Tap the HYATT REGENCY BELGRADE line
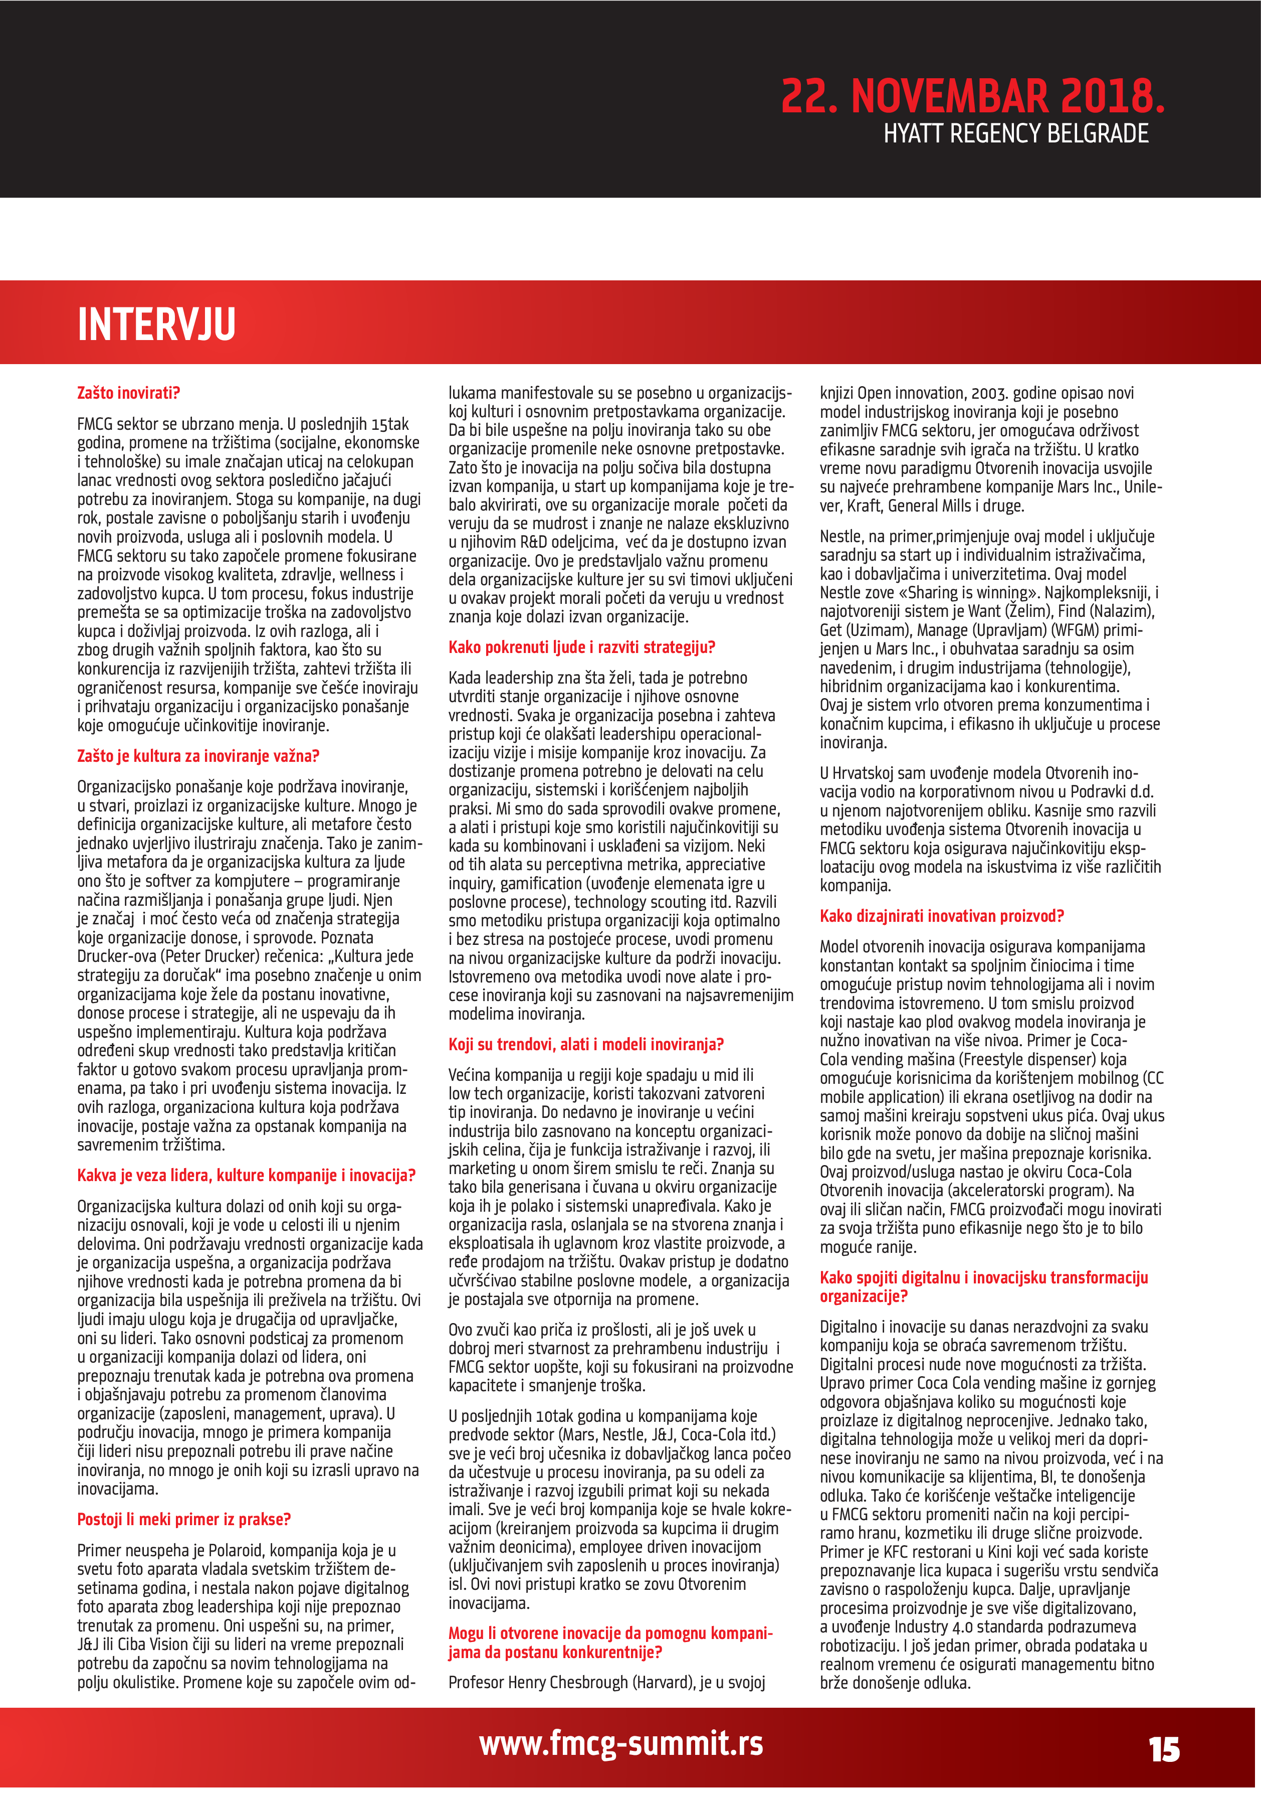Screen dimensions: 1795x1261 tap(1016, 134)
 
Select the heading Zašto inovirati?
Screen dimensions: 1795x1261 tap(128, 393)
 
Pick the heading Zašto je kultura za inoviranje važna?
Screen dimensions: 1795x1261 tap(197, 756)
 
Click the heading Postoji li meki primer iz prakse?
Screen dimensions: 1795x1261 tap(183, 1519)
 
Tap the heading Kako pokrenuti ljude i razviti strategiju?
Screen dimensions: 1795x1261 tap(581, 647)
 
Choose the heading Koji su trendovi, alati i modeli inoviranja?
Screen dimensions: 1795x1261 tap(585, 1045)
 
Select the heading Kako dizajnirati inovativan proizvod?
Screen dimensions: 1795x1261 tap(941, 916)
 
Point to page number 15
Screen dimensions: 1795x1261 tap(1163, 1750)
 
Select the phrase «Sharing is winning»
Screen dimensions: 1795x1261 tap(973, 593)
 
